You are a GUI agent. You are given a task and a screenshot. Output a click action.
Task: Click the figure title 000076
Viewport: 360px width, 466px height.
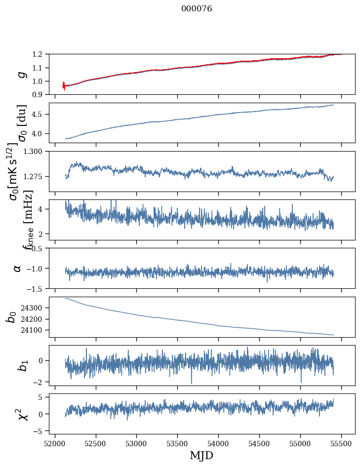pyautogui.click(x=197, y=9)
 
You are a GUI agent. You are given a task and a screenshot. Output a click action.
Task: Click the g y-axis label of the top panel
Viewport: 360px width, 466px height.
pyautogui.click(x=21, y=74)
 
